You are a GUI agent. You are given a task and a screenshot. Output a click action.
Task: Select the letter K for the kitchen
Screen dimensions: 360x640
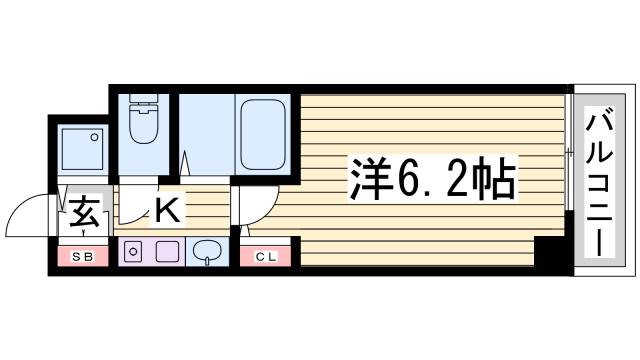click(x=167, y=211)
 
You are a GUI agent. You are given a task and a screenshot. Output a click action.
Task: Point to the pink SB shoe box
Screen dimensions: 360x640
click(x=83, y=258)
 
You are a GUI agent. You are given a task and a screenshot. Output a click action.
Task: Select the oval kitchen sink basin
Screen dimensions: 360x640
click(x=208, y=251)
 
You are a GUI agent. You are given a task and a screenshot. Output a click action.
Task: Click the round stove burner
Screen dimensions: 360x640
click(x=133, y=252)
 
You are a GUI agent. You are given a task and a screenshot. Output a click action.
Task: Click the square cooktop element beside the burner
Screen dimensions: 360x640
click(x=167, y=252)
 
